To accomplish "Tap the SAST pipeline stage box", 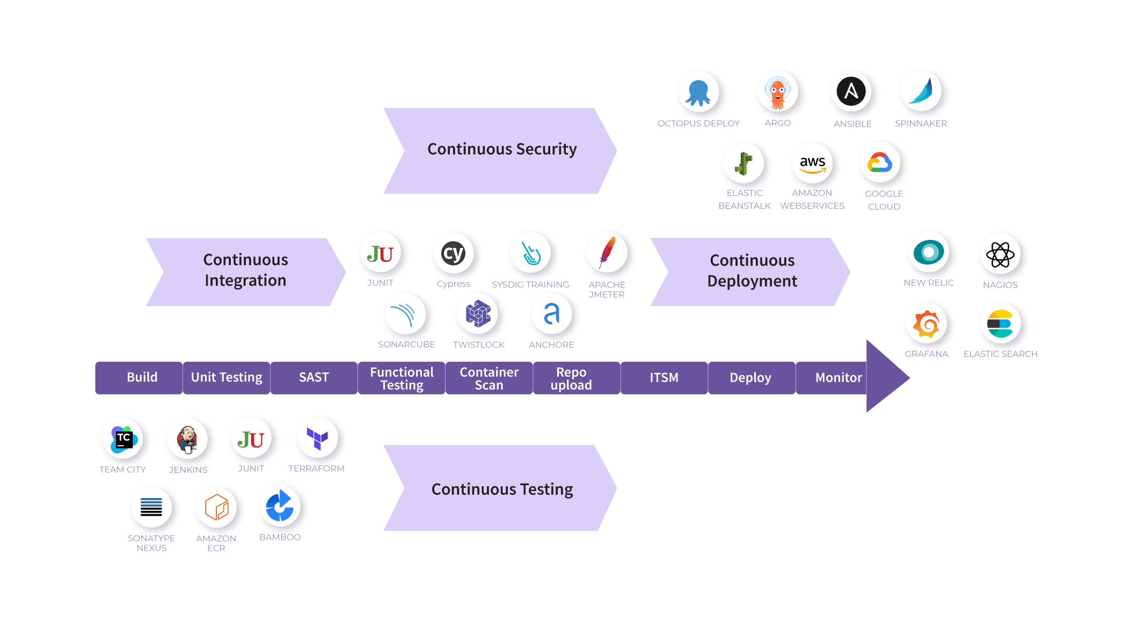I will tap(313, 378).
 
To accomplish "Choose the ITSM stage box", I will tap(663, 378).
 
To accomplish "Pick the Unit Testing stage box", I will tap(226, 378).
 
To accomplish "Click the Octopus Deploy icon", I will tap(698, 92).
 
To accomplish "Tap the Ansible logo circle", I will tap(851, 92).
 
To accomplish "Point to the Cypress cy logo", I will tap(453, 253).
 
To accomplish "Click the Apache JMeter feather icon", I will tap(607, 253).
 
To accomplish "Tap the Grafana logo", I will tap(926, 324).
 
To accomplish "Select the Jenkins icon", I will tap(187, 439).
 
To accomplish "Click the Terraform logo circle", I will tap(318, 438).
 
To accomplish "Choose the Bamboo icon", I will tap(280, 506).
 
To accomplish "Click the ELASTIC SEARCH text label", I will tap(1000, 354).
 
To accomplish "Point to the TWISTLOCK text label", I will tap(478, 345).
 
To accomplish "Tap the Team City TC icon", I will tap(123, 439).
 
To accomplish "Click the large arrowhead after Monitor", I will tap(886, 377).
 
